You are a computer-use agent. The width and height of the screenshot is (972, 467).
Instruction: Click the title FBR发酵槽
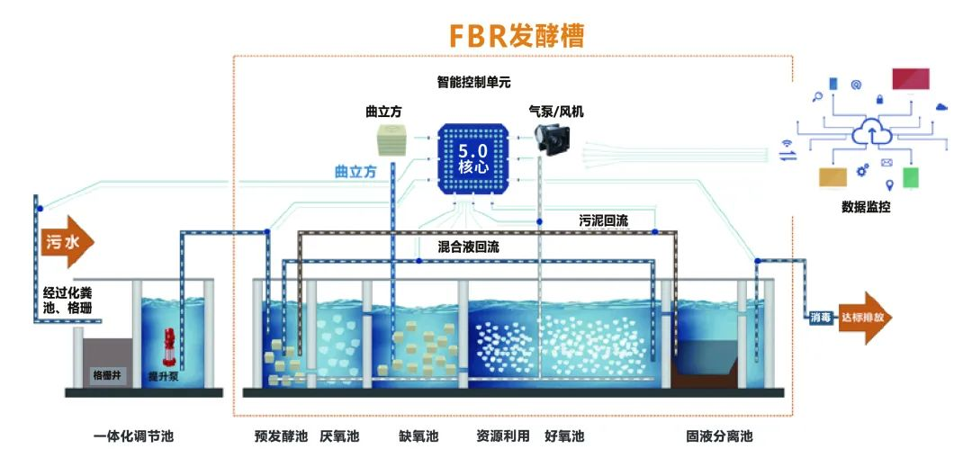point(517,34)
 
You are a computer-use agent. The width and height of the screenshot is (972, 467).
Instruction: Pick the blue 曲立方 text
point(355,173)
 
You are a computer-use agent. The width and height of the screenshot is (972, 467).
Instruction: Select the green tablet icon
point(911,178)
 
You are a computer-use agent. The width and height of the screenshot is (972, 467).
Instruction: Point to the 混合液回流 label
point(468,245)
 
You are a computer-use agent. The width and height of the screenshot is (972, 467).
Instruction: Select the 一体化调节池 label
point(132,437)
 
